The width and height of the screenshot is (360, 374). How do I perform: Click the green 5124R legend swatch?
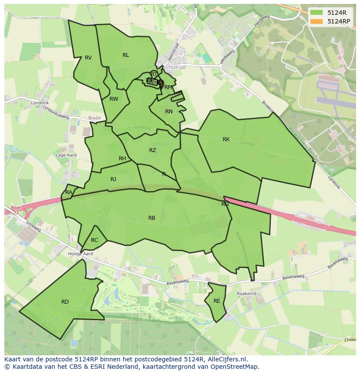pos(316,13)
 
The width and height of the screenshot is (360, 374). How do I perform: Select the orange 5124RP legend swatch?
pos(316,21)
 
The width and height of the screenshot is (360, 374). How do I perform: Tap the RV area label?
pos(88,58)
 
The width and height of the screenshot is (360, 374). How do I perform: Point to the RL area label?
pos(126,55)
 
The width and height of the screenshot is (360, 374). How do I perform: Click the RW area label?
pos(114,99)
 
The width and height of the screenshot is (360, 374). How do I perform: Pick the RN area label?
pos(169,112)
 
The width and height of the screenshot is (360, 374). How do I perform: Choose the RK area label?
pos(226,139)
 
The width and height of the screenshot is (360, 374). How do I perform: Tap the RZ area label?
pos(153,150)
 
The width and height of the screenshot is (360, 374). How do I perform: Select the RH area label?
pos(122,159)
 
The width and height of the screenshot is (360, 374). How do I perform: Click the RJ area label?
pos(113,179)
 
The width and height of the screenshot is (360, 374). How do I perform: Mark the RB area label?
pos(152,218)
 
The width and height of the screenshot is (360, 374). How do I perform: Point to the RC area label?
pos(94,240)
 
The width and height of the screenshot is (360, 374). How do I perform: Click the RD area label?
pos(65,302)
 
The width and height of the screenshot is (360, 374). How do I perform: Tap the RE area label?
pos(217,301)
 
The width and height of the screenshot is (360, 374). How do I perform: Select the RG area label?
pos(225,204)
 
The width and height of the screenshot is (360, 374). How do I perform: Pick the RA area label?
pos(69,192)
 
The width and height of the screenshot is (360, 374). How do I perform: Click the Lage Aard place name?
pos(66,155)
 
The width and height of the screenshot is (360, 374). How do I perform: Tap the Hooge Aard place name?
pos(80,254)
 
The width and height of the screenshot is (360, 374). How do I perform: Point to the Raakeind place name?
pos(247,294)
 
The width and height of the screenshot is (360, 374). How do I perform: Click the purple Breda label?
pos(94,118)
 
